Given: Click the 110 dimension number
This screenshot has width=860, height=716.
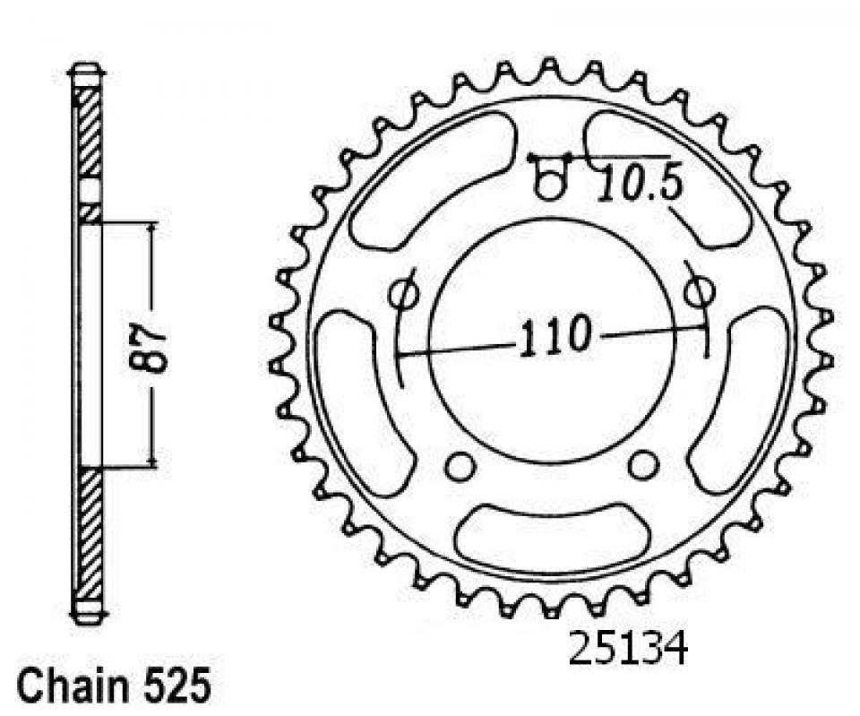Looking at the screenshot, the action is [556, 335].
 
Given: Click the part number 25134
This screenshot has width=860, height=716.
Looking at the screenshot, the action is [627, 649].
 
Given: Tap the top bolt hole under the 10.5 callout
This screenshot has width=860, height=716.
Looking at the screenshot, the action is [549, 183].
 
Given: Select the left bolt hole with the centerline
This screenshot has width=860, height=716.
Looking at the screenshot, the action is [404, 294].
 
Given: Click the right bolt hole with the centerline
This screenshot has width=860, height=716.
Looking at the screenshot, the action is [699, 289].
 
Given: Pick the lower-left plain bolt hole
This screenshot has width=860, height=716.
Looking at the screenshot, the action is [459, 467].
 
